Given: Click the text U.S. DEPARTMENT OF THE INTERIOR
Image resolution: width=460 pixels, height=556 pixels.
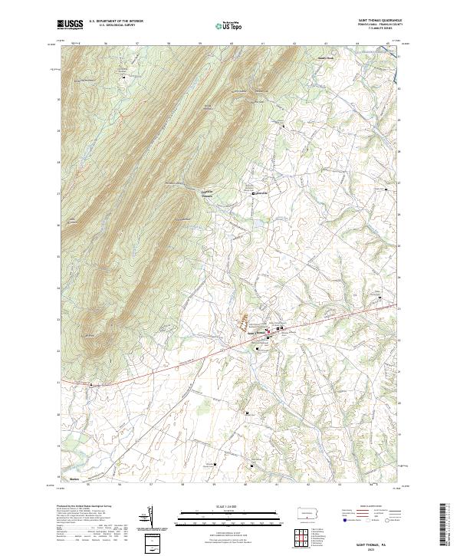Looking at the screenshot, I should pyautogui.click(x=116, y=21).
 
